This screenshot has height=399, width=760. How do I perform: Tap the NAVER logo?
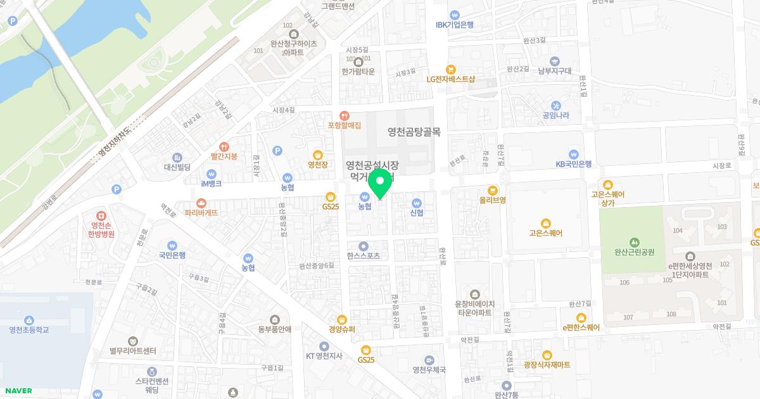(17, 391)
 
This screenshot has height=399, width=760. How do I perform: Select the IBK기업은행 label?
(455, 25)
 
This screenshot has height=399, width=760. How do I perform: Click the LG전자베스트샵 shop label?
(450, 79)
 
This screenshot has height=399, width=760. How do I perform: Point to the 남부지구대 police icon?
(555, 61)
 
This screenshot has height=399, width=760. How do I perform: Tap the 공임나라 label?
(555, 115)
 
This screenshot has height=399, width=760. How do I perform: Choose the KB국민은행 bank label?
(573, 163)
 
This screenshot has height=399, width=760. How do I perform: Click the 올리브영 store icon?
(492, 190)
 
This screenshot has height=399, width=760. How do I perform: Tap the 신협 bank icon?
(417, 203)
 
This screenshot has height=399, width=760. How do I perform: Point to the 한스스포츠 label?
(364, 256)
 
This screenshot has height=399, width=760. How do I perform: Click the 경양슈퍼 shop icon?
(342, 320)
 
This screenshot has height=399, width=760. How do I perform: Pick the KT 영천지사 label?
(324, 355)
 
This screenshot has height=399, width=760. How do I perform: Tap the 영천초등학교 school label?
(30, 329)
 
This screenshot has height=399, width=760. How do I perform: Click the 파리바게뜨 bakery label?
(201, 213)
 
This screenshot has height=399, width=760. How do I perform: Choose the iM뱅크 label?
(212, 183)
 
